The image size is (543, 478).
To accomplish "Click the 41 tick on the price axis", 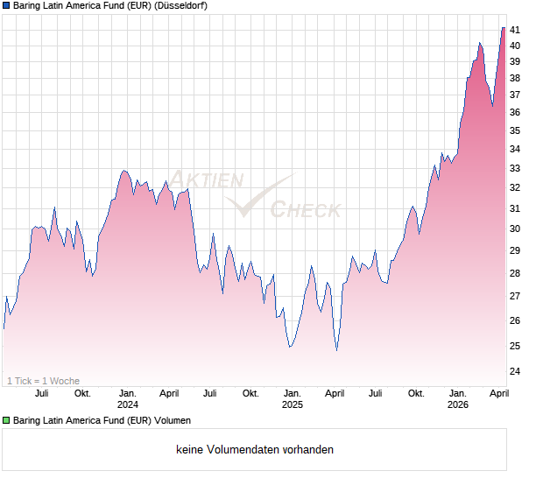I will [517, 30].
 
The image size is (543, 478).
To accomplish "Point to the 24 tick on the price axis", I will [517, 371].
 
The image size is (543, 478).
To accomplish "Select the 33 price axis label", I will [517, 168].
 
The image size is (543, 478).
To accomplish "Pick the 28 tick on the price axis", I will [517, 273].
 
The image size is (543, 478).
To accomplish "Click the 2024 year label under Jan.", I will [128, 404].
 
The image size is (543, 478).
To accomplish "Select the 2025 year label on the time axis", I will [292, 404].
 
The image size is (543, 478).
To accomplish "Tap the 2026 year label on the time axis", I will [457, 404].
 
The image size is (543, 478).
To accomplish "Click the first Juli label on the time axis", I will [41, 393].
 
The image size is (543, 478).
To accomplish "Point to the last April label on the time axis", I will [498, 393].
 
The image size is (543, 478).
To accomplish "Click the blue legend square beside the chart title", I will [6, 5].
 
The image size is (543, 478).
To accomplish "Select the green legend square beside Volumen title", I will [6, 421].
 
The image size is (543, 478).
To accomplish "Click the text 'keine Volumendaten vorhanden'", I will [254, 450].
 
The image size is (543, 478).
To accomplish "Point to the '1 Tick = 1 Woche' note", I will [43, 381].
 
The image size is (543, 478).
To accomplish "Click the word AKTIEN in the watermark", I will [207, 180].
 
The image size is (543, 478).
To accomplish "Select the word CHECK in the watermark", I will [305, 210].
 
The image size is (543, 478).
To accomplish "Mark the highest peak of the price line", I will [503, 27].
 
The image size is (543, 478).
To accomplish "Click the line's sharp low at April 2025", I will [337, 350].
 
